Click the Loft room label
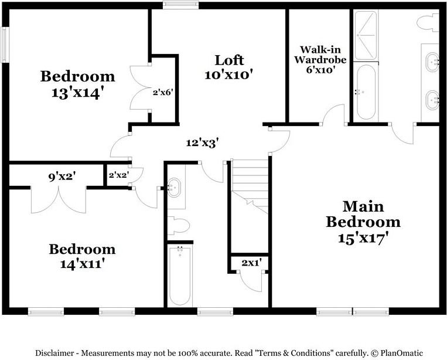point(228,60)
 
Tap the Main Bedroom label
point(363,214)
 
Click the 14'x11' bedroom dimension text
point(81,264)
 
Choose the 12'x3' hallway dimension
point(203,142)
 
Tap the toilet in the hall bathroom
point(178,226)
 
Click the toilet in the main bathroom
point(427,22)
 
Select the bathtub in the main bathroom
point(365,91)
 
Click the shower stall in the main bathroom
point(366,34)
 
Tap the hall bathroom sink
point(174,188)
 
